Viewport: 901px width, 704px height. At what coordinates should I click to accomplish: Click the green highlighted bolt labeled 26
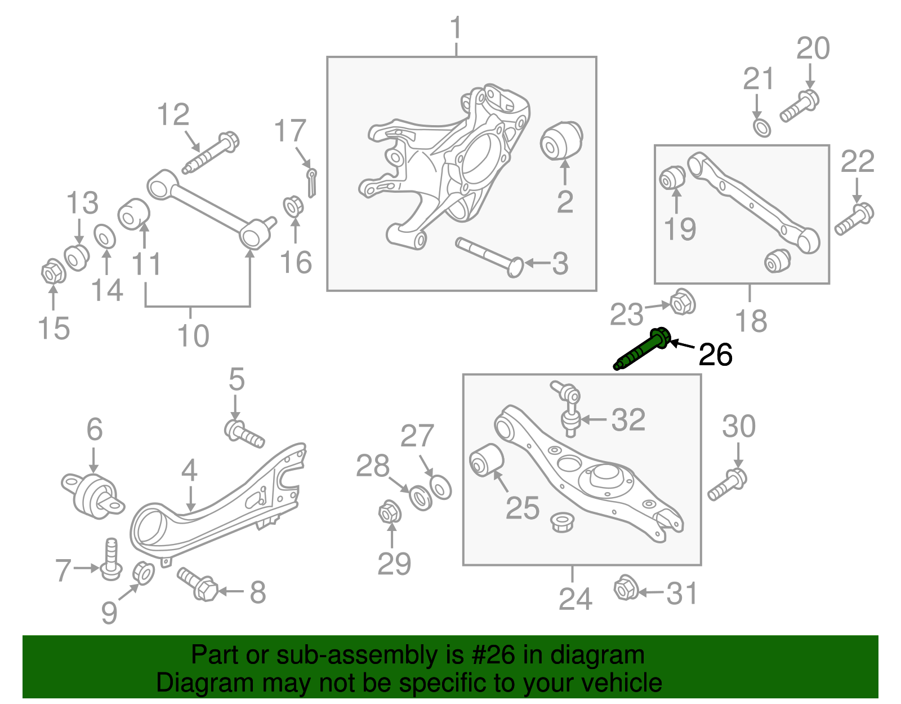(x=642, y=350)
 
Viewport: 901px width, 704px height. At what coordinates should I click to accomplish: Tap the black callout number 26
(x=715, y=355)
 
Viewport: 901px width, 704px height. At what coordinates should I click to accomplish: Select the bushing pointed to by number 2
(x=561, y=140)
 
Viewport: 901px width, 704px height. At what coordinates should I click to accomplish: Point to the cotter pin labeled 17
(x=311, y=181)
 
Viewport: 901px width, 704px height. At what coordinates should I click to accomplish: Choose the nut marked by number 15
(x=53, y=273)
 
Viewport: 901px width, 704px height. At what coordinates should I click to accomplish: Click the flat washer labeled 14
(x=105, y=236)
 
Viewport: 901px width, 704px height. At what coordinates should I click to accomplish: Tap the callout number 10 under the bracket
(x=193, y=336)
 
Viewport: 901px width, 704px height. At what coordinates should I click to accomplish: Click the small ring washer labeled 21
(x=761, y=127)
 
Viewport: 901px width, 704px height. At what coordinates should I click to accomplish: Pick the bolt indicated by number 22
(x=854, y=220)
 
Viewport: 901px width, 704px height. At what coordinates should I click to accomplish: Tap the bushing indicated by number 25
(x=487, y=459)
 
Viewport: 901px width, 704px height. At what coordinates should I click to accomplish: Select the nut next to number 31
(x=625, y=588)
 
